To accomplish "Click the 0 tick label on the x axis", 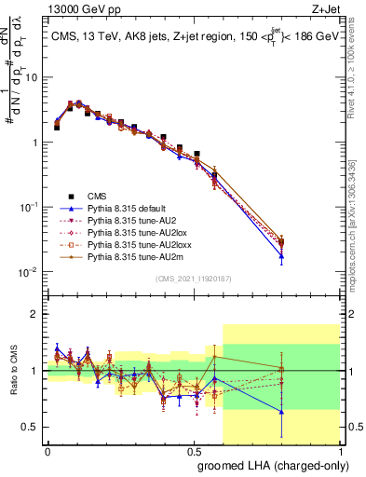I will coord(47,450).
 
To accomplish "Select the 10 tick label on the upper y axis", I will coord(32,78).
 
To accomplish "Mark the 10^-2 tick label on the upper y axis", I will coord(30,272).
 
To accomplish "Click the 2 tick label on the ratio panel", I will coord(36,315).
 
